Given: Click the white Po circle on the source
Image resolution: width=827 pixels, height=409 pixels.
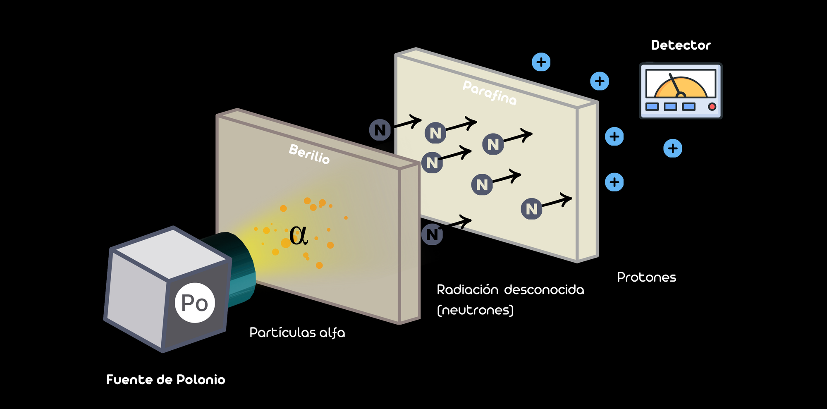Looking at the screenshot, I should (x=195, y=303).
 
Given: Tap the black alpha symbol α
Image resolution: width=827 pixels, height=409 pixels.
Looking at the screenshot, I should (x=299, y=236).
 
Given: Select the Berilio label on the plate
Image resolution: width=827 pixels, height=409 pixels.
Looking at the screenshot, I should (x=309, y=154).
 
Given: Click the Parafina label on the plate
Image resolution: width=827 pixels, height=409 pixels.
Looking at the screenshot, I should (x=490, y=93).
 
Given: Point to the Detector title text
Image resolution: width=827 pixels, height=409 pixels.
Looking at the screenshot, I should (x=681, y=45).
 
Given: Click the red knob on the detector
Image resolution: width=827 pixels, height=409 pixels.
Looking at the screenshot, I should (x=712, y=107).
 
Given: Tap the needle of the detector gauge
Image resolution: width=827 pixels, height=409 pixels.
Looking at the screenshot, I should (x=676, y=85).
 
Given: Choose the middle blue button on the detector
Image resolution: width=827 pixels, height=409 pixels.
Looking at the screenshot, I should (x=670, y=107).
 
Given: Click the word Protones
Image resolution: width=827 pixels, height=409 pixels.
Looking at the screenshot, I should (x=646, y=277).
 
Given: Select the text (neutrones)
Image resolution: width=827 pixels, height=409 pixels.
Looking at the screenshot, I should (x=475, y=310).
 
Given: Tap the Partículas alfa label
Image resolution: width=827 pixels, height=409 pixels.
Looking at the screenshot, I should (x=297, y=332).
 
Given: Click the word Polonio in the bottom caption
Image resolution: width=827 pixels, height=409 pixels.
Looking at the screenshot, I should (x=201, y=380).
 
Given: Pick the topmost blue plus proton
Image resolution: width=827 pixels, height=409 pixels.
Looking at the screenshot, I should (x=541, y=62).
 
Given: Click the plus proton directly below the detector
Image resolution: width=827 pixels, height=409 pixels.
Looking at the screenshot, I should (x=673, y=148).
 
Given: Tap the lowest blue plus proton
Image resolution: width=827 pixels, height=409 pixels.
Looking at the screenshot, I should (x=614, y=182).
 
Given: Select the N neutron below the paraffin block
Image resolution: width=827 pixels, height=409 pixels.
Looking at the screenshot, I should (x=432, y=234).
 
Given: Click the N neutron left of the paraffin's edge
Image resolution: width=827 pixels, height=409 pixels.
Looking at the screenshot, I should (x=380, y=130).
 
